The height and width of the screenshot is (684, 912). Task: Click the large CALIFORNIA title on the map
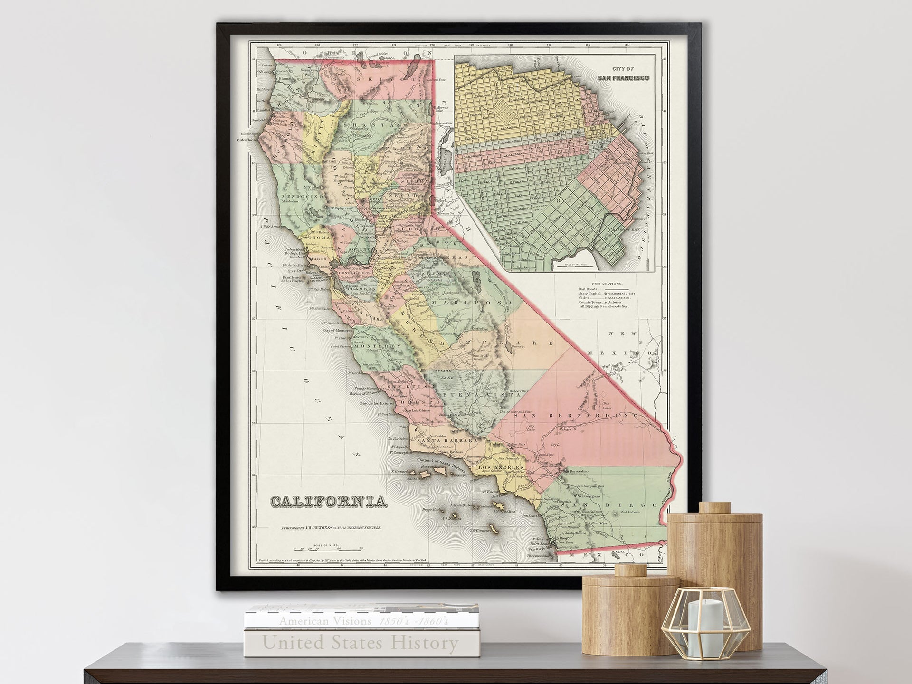(328, 502)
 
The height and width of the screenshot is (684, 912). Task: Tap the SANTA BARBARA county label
(446, 441)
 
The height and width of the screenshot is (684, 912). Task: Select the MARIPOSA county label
(483, 302)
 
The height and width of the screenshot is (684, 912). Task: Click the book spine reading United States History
(361, 643)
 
